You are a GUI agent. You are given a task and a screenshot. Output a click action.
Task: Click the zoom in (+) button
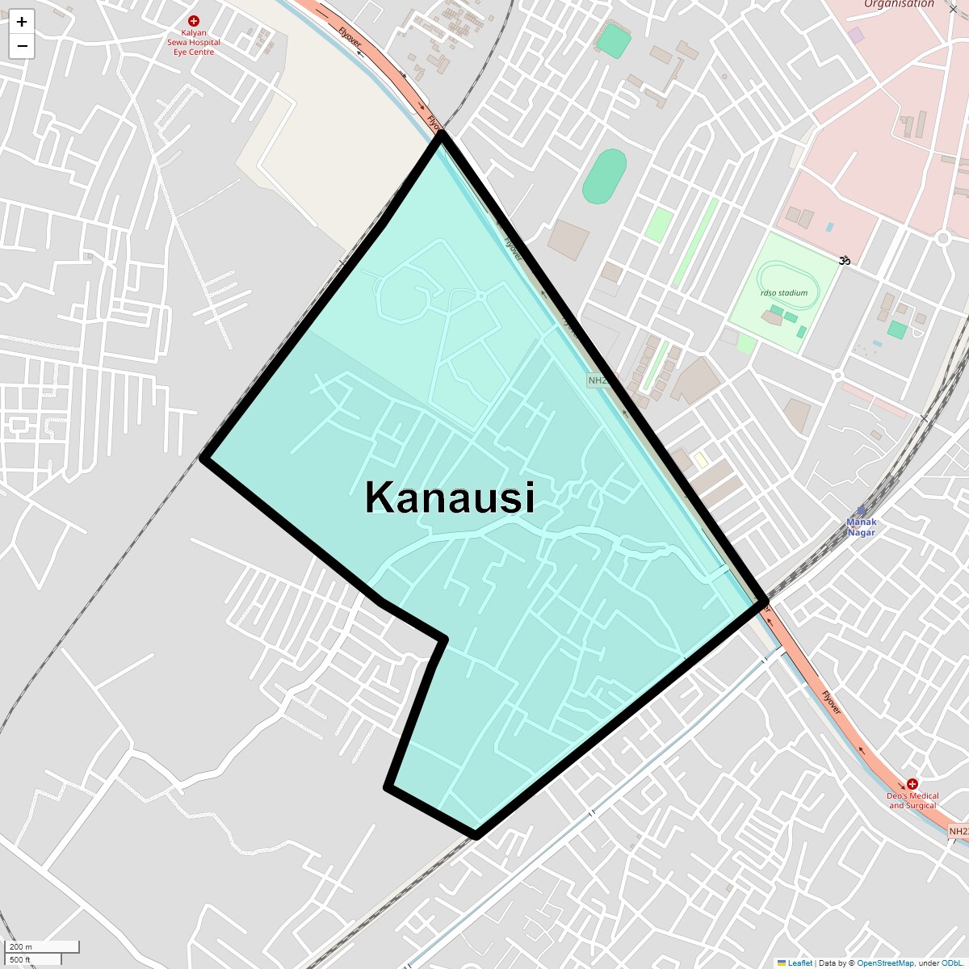coord(22,22)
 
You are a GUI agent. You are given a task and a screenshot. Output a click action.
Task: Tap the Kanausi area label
coord(450,497)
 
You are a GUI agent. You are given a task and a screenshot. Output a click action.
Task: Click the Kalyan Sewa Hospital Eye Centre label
coord(194,43)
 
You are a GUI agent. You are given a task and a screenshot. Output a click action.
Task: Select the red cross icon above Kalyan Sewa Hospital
coord(194,21)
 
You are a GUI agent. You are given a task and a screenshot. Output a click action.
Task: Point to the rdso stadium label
coord(783,293)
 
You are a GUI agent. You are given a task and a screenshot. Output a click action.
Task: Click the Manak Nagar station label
coord(861,527)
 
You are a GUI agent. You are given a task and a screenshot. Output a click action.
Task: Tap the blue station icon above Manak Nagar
coord(861,510)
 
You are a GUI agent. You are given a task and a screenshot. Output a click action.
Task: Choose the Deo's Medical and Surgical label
coord(912,800)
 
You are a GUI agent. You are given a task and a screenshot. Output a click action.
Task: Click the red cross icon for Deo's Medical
coord(912,783)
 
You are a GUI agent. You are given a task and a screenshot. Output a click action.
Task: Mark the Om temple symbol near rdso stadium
coord(845,260)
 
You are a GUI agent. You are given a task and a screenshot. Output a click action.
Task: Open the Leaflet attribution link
coord(799,963)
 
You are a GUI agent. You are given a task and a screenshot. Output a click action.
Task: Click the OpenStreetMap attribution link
coord(885,963)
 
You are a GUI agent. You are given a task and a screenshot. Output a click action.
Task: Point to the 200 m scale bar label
coord(22,946)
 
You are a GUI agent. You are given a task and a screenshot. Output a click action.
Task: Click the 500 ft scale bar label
coord(20,959)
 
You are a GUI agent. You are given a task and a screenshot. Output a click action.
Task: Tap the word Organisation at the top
coord(899,4)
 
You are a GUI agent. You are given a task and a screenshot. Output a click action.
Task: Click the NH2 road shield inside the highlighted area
coord(598,380)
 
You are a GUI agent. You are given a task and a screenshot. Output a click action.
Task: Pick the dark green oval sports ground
coord(605,177)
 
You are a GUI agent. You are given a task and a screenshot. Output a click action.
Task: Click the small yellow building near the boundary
coord(701,459)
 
